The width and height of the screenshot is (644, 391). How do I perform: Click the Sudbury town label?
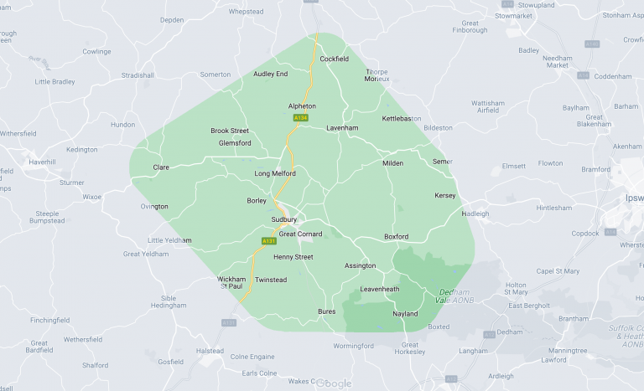click(284, 220)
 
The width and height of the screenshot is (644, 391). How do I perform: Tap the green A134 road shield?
click(300, 119)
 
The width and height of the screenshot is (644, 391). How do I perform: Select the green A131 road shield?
click(268, 241)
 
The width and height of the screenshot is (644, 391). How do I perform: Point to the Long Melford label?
click(275, 173)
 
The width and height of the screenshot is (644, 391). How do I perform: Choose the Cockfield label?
click(334, 59)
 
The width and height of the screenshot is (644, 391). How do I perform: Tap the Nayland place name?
click(405, 314)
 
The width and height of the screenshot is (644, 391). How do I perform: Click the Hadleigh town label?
click(475, 214)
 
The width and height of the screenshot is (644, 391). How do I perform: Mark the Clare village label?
click(161, 167)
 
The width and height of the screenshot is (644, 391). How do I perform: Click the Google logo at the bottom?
click(334, 383)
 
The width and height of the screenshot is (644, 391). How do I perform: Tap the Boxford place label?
click(396, 237)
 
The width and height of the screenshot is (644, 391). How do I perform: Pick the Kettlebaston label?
click(402, 119)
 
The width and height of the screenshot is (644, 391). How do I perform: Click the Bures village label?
click(326, 311)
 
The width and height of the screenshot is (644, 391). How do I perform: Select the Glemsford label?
click(235, 143)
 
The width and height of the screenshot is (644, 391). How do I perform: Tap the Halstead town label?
click(210, 351)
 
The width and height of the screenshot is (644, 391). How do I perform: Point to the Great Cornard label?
click(300, 234)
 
